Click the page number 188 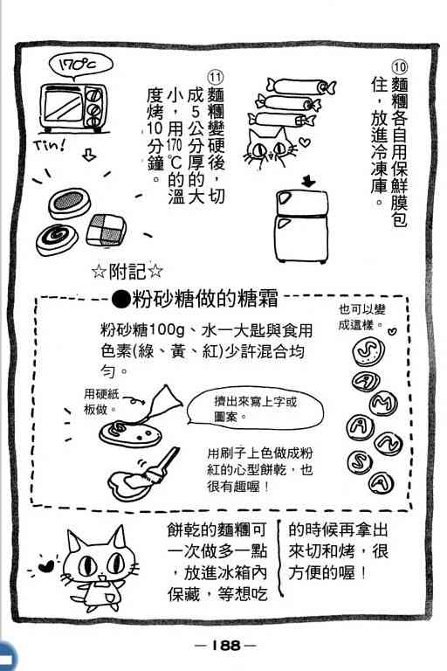point(225,645)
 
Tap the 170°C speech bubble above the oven point(79,65)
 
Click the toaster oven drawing point(73,107)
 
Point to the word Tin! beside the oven point(50,146)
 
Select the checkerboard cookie point(106,231)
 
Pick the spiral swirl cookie point(57,239)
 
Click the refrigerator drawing point(301,225)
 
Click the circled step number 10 point(399,68)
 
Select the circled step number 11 point(215,78)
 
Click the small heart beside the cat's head point(303,142)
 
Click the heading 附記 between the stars point(127,272)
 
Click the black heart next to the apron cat point(45,566)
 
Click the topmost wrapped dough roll point(300,86)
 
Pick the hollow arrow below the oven point(88,155)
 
